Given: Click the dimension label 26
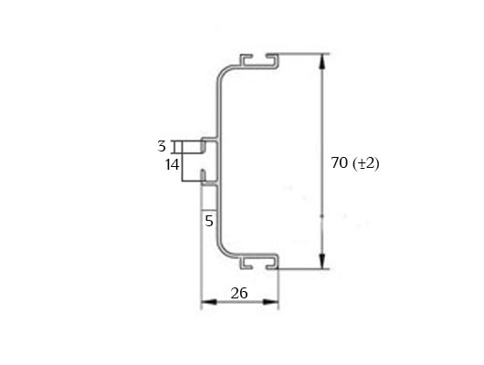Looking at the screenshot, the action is coord(239,293).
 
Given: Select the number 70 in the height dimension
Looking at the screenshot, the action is coord(340,162).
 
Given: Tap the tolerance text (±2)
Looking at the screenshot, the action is coord(366,163).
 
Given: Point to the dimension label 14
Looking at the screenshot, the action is coord(173,164).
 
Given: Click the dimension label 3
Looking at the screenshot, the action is coord(162,146).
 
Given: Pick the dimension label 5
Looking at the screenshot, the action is coord(209,221).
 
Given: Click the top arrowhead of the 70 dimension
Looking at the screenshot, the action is coord(322,62).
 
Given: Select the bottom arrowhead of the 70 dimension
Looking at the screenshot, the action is coord(322,261).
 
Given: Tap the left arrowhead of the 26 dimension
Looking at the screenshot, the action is coord(208,302).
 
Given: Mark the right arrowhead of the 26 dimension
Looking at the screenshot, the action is coord(271,302).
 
